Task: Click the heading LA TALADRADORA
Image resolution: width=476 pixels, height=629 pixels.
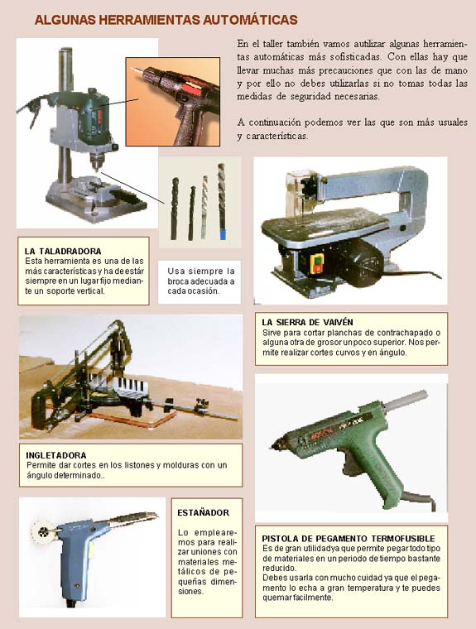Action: (63, 252)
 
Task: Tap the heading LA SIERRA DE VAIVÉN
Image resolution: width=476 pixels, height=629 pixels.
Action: (307, 322)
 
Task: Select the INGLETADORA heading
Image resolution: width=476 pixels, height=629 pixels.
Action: (56, 455)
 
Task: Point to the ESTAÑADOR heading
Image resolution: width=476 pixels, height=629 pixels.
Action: (203, 512)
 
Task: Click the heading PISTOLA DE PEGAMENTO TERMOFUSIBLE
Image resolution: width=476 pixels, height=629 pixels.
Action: (349, 538)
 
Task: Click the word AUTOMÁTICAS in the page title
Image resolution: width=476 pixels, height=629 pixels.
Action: (250, 20)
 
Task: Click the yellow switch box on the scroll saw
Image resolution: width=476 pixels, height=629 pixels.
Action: (317, 264)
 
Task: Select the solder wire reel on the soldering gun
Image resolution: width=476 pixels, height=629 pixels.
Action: (42, 532)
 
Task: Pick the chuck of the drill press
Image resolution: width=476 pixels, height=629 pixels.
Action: (95, 161)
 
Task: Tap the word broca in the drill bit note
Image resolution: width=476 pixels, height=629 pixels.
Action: (178, 281)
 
